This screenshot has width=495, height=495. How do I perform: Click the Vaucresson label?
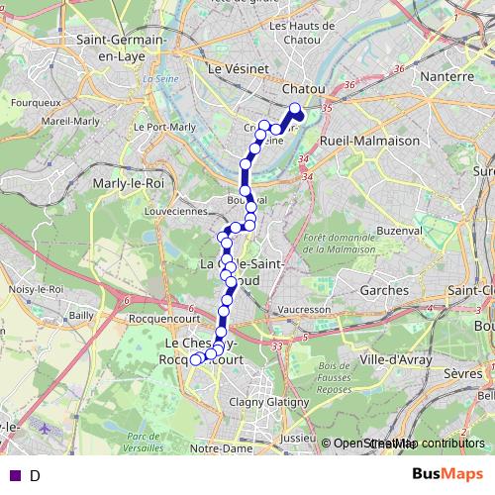point(304,309)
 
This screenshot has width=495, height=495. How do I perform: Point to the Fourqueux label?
point(35,101)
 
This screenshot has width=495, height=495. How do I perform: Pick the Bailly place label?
point(83,313)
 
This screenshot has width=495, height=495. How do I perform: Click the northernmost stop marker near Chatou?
point(294,109)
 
